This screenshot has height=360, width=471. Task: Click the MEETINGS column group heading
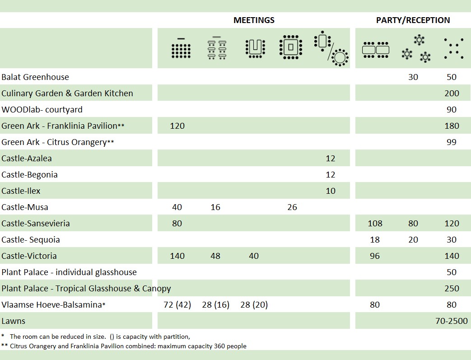[254, 20]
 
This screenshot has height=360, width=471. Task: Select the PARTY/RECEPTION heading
[413, 20]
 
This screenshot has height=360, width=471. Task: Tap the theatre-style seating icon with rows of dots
[181, 48]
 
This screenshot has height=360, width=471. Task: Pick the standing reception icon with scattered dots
[453, 48]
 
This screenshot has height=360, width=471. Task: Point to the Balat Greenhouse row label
[35, 77]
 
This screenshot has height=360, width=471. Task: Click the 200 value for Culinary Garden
[452, 94]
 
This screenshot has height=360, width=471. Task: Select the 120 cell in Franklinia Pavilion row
[177, 126]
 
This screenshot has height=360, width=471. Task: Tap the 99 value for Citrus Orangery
[452, 142]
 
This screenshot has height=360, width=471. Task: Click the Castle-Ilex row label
[21, 191]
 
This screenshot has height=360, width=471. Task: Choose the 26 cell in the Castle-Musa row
[292, 207]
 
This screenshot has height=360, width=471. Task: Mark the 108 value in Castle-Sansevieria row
[375, 224]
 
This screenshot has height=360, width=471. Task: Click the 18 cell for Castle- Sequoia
[375, 240]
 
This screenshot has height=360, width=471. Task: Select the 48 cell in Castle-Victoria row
[215, 256]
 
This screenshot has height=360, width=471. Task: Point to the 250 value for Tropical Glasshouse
[452, 289]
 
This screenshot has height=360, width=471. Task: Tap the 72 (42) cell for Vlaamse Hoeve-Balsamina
[177, 305]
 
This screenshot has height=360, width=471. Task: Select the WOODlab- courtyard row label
[42, 110]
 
